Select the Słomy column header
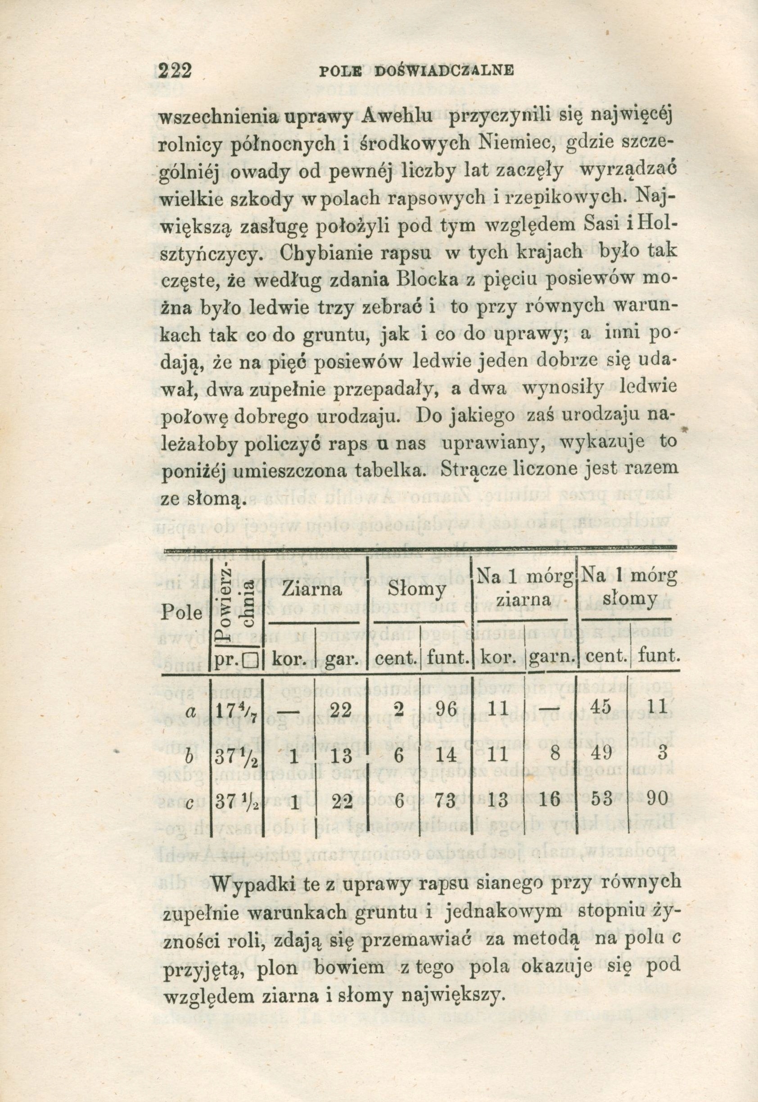[417, 590]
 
